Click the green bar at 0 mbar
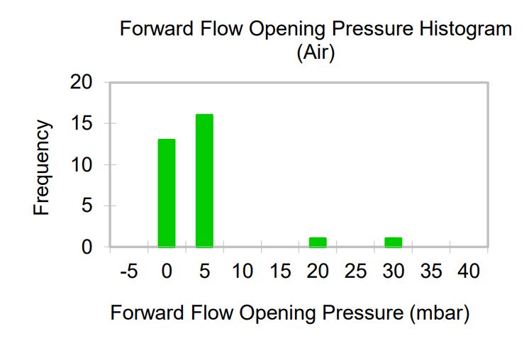click(x=167, y=193)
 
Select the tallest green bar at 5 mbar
click(x=204, y=181)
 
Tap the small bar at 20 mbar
click(x=318, y=242)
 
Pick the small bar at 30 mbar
click(x=394, y=242)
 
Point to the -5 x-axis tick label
click(x=129, y=271)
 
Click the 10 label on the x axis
click(x=243, y=271)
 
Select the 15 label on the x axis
click(x=280, y=271)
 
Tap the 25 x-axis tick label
click(x=355, y=271)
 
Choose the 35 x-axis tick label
click(x=431, y=271)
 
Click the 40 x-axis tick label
click(x=469, y=271)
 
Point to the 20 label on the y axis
click(x=81, y=82)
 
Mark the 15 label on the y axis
click(x=81, y=123)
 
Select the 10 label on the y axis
click(x=81, y=165)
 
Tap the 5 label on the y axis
click(x=87, y=206)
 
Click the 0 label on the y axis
click(x=87, y=247)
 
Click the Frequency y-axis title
click(x=42, y=167)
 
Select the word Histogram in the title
click(x=466, y=30)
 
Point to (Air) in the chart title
click(x=316, y=52)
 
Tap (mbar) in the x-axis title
click(x=440, y=313)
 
